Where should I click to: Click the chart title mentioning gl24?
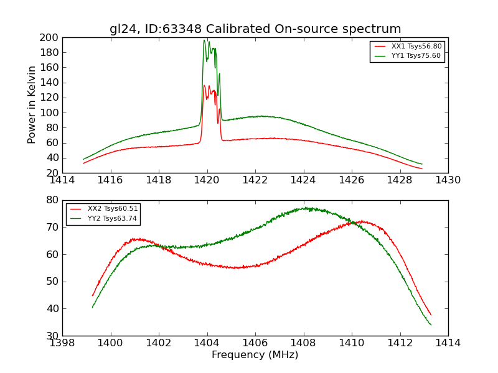pos(255,29)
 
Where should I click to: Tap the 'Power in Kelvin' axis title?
pos(32,104)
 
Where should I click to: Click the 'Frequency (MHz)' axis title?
pos(255,355)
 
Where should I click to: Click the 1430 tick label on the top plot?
pos(448,180)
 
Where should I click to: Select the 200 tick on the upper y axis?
pos(50,37)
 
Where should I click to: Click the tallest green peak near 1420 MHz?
pos(204,40)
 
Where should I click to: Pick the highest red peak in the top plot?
pos(204,85)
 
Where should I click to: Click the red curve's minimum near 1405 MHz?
pos(236,268)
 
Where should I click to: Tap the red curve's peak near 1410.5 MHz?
pos(362,221)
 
